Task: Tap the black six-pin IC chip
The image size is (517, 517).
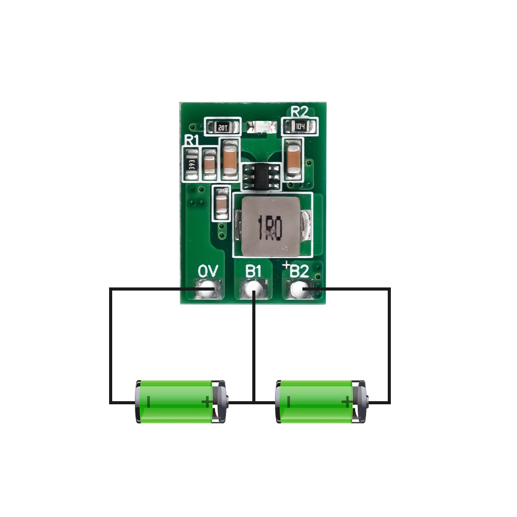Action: [261, 176]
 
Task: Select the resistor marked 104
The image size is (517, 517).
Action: [300, 126]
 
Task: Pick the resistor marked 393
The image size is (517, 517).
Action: [192, 164]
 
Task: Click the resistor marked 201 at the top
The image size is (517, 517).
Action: [223, 126]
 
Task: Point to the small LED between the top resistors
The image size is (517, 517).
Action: [261, 126]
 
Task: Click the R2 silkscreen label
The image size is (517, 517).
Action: [299, 111]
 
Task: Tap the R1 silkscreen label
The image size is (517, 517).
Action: [192, 140]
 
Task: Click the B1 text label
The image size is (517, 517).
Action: [254, 271]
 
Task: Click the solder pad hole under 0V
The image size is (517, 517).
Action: [208, 290]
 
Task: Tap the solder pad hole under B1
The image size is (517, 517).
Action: [253, 290]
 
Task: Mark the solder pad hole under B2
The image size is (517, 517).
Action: [299, 290]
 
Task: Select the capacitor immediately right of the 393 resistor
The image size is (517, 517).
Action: [209, 164]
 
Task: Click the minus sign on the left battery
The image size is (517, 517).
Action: [149, 401]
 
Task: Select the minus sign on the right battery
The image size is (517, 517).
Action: [289, 401]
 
